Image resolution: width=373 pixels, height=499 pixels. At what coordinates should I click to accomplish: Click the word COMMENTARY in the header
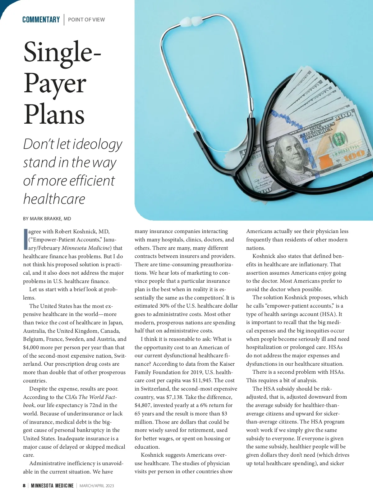[41, 20]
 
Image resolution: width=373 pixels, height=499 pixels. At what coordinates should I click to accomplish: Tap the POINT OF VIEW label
[86, 20]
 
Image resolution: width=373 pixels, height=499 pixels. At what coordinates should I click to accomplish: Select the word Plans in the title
[54, 114]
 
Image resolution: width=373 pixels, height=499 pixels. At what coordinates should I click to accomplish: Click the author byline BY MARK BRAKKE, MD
[47, 219]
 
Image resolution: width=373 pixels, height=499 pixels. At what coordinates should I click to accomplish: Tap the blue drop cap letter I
[25, 240]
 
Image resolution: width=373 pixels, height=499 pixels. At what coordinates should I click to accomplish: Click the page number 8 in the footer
[24, 486]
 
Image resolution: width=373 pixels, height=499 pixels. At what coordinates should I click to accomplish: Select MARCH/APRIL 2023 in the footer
[97, 486]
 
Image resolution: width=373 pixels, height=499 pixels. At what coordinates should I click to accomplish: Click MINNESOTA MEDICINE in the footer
[52, 486]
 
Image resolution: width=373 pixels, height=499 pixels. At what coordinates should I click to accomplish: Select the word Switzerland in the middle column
[153, 389]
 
